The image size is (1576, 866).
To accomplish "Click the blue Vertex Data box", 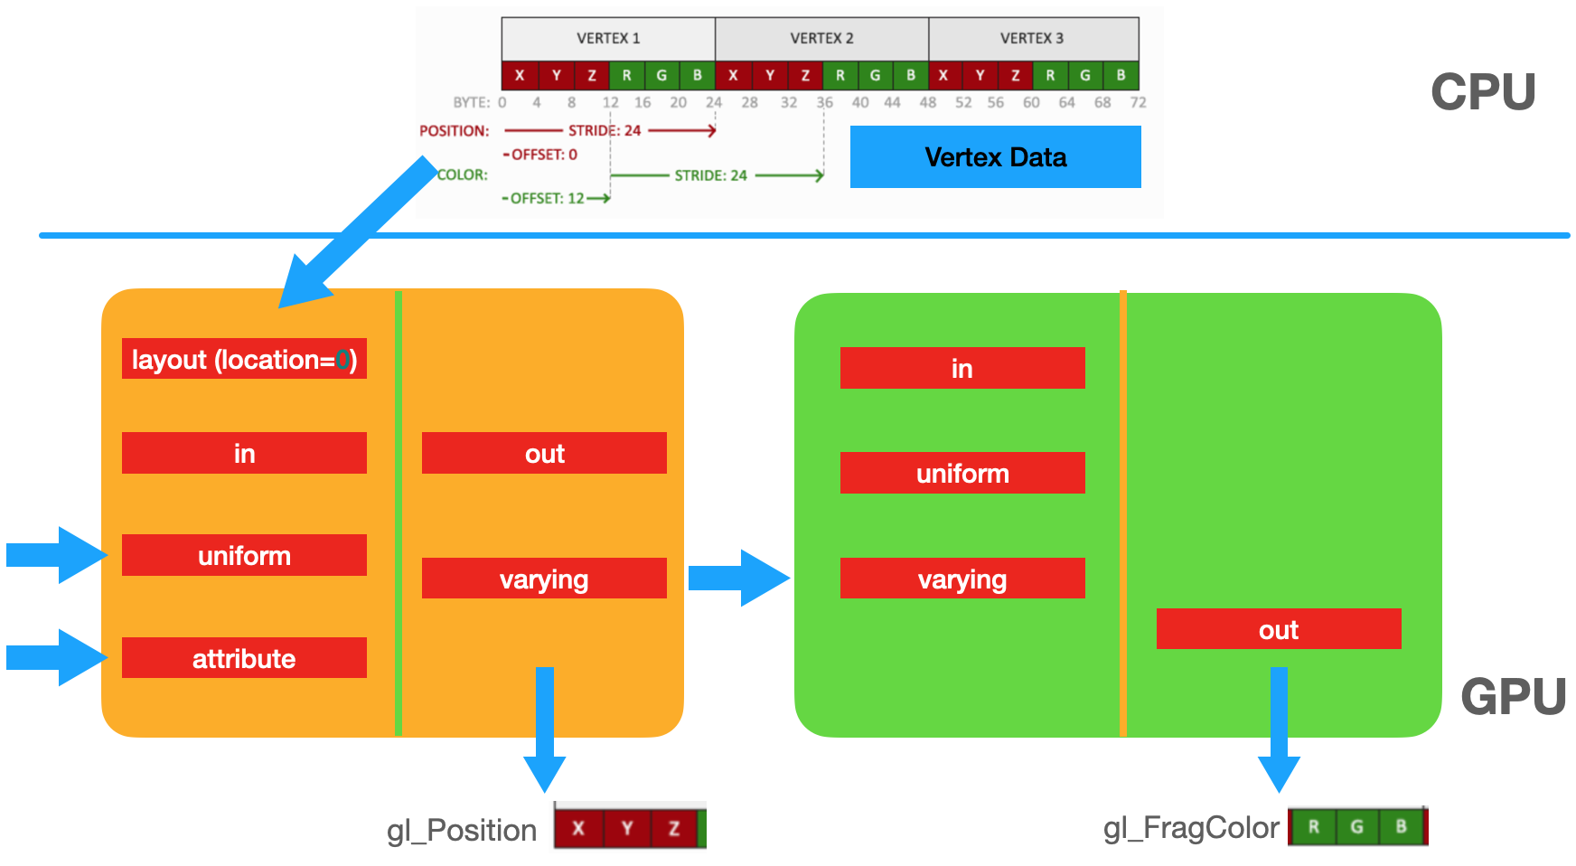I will [995, 157].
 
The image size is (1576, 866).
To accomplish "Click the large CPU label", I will [1483, 92].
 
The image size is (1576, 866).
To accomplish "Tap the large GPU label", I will [1513, 697].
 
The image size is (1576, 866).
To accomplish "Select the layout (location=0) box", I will [244, 359].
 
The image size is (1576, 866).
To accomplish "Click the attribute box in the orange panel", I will [244, 658].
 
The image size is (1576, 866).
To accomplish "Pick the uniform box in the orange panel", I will [244, 555].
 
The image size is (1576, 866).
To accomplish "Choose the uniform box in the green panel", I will [962, 473].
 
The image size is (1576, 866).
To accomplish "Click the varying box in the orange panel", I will [544, 579].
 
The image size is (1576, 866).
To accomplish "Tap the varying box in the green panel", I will [962, 579].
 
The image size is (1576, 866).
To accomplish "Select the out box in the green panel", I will [1279, 629].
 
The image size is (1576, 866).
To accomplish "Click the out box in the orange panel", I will [544, 453].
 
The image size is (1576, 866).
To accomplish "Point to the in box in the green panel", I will [962, 368].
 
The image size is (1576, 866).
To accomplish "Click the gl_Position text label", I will [462, 830].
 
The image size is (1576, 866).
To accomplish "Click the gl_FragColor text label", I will [1191, 827].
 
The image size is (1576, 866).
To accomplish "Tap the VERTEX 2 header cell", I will [821, 38].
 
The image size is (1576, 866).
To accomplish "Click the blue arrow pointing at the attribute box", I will [56, 657].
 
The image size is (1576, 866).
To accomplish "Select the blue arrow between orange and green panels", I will [738, 578].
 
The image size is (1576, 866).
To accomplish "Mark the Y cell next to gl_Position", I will [626, 828].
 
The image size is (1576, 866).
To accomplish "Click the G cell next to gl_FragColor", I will [1356, 826].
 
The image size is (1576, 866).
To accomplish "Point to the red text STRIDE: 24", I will [604, 130].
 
